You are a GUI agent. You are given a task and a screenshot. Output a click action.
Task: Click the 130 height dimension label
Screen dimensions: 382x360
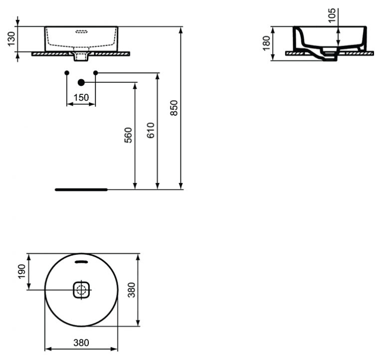tap(11, 39)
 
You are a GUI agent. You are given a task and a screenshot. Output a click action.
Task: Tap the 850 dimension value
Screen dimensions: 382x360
tap(174, 108)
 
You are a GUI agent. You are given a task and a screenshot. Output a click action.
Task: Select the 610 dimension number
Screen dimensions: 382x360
tap(151, 130)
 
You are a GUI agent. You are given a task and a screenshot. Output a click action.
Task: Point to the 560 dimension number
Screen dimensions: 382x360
tap(128, 135)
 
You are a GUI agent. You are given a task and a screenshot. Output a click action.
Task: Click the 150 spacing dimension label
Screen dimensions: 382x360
tap(81, 97)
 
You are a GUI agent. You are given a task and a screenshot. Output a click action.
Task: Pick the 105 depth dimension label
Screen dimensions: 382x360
tap(332, 16)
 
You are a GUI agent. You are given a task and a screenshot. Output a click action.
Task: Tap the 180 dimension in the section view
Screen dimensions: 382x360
tap(267, 43)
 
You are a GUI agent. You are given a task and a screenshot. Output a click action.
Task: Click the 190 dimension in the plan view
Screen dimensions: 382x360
tap(22, 271)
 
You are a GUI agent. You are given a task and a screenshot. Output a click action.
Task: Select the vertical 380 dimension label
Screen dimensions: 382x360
tap(131, 290)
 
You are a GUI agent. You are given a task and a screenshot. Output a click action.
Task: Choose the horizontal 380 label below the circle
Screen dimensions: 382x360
tap(81, 342)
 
